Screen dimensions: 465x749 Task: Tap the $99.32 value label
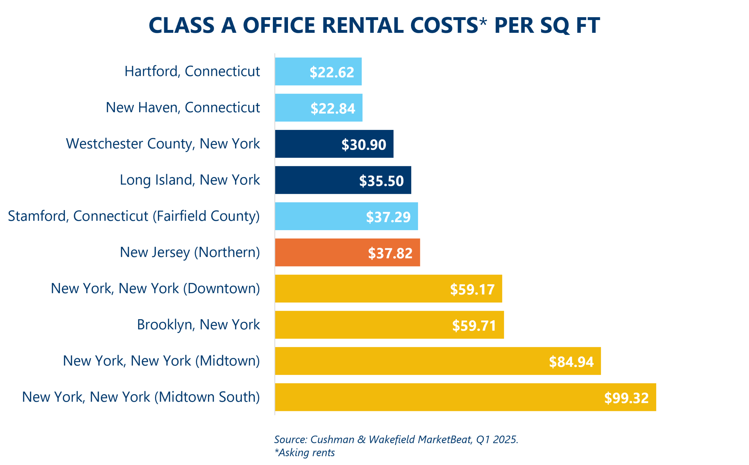tap(626, 398)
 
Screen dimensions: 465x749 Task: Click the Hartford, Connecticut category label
tap(192, 71)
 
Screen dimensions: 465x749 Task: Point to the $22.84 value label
tap(332, 108)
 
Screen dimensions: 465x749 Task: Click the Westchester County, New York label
tap(163, 144)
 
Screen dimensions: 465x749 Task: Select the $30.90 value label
tap(363, 144)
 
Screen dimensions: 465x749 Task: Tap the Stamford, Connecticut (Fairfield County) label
tap(134, 216)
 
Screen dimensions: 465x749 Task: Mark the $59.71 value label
tap(474, 325)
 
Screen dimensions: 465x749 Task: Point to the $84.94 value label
tap(571, 362)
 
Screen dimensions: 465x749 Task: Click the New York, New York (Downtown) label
tap(155, 289)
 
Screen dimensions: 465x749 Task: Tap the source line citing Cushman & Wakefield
tap(396, 439)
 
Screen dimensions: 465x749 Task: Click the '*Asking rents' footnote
tap(304, 453)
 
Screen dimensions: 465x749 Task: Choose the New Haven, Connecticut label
tap(183, 108)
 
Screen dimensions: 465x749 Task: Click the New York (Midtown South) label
tap(140, 397)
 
